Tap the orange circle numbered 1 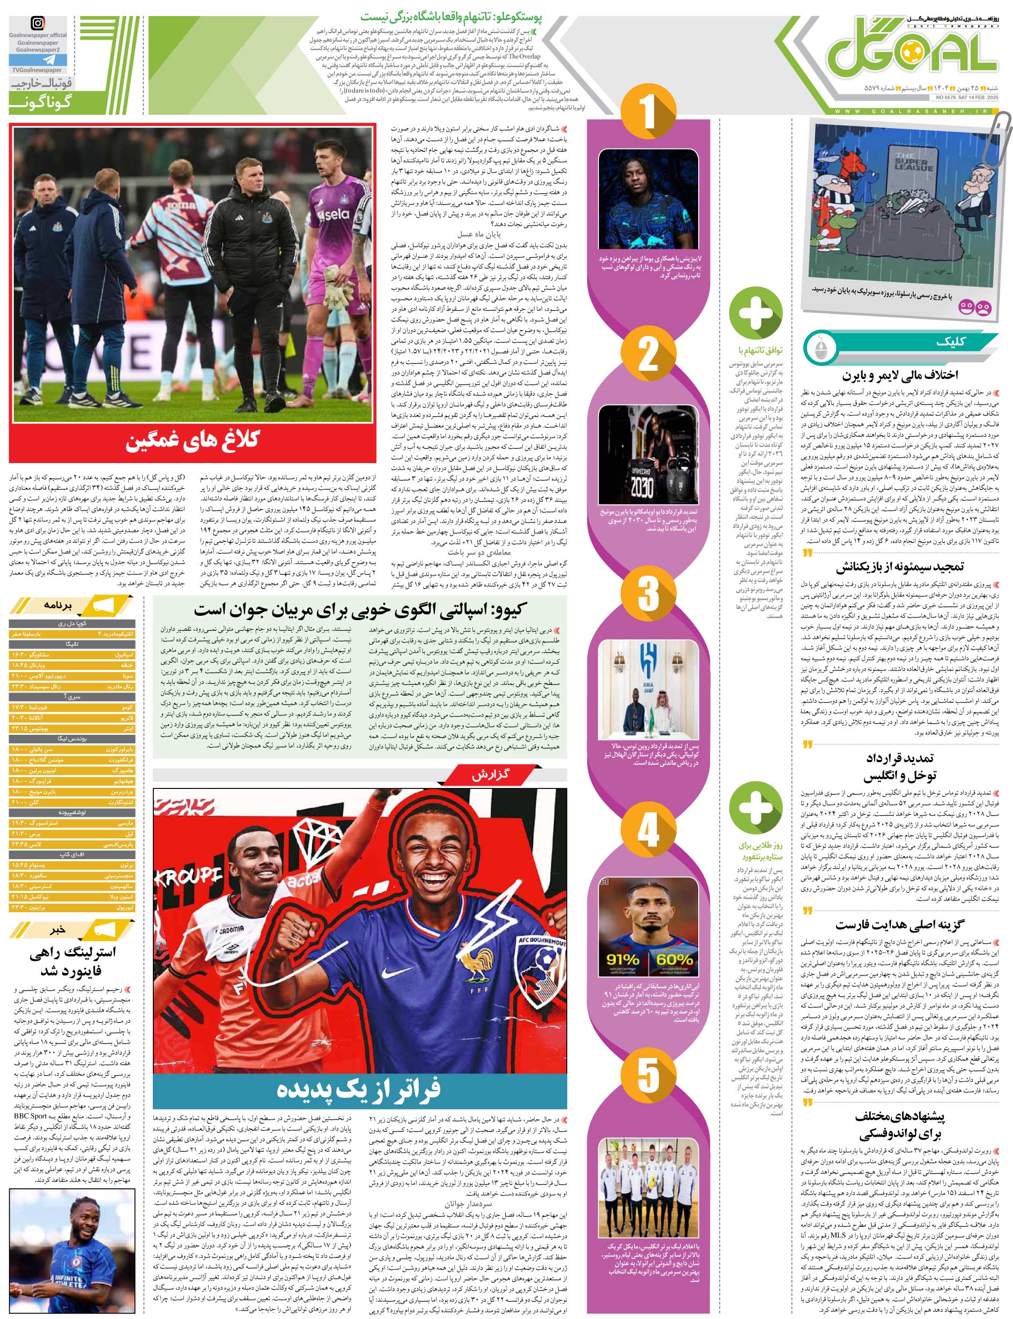click(x=648, y=110)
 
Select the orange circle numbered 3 click(x=648, y=592)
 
